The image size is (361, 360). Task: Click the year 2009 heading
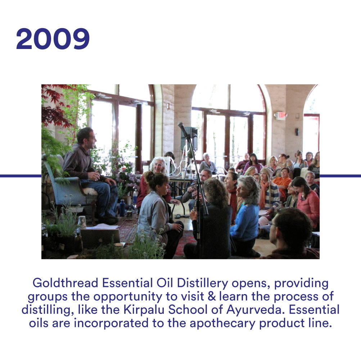point(53,39)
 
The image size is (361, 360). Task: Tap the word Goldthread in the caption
point(66,283)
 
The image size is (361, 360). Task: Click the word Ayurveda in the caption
point(254,310)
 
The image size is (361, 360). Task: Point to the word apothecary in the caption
point(222,323)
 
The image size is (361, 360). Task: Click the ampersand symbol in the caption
point(211,296)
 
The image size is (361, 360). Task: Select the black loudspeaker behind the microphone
point(191,138)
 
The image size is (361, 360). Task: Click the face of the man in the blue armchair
point(91,140)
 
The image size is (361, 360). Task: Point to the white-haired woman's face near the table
point(159,166)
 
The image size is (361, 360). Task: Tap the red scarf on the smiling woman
point(233,203)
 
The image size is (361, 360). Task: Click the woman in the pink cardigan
point(307,203)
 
